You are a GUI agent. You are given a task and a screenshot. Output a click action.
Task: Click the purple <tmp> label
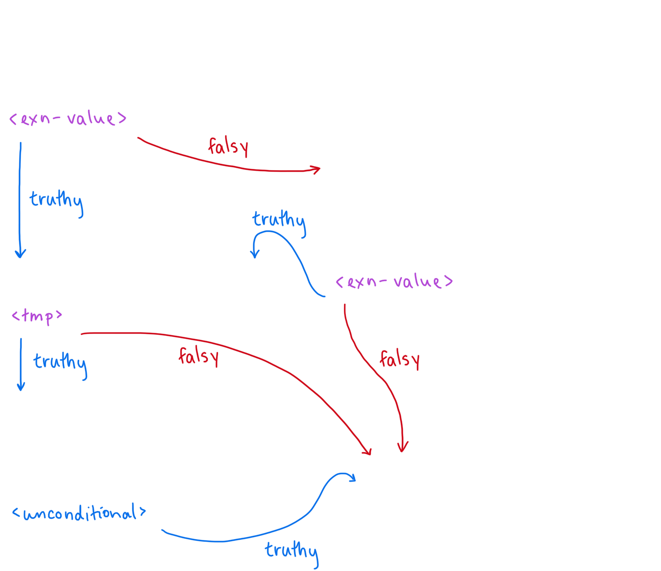tap(37, 317)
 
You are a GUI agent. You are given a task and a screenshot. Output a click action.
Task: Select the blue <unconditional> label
tap(79, 513)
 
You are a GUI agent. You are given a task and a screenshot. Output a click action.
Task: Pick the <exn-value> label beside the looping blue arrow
tap(394, 281)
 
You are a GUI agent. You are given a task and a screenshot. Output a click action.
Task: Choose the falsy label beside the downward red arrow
tap(399, 360)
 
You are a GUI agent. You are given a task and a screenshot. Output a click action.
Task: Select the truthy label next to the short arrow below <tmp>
tap(60, 366)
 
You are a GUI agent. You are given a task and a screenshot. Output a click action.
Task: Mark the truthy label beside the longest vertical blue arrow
tap(56, 204)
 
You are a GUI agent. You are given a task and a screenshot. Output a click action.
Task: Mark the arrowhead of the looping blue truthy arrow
tap(255, 255)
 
